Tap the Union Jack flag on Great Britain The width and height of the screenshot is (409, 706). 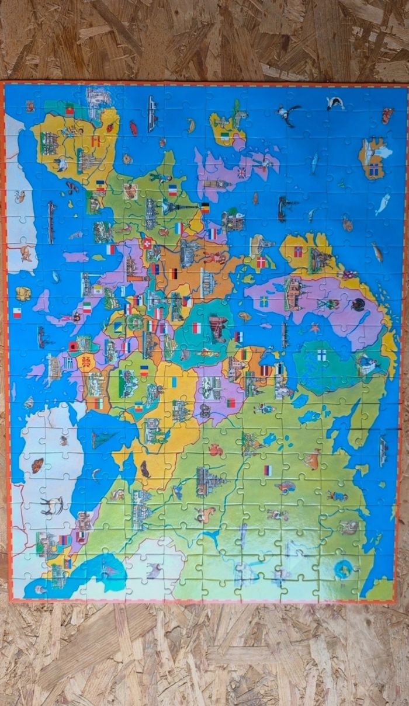(241, 173)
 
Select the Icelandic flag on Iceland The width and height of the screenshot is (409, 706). (374, 170)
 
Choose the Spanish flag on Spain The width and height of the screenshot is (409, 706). (95, 141)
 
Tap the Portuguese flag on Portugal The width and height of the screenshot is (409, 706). (70, 109)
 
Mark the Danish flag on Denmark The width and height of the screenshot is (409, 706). (261, 262)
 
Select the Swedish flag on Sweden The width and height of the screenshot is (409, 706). (264, 302)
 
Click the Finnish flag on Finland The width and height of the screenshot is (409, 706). (321, 354)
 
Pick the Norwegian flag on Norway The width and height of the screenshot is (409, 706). (298, 252)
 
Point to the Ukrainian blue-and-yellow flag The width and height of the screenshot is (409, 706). (174, 382)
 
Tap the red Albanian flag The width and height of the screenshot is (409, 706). (74, 346)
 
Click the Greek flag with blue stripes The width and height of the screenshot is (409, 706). (68, 363)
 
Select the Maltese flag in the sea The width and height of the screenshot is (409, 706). (17, 312)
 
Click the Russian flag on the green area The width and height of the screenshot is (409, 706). (268, 470)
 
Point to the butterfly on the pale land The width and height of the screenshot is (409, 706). (37, 465)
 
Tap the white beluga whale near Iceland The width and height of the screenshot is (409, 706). (383, 204)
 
